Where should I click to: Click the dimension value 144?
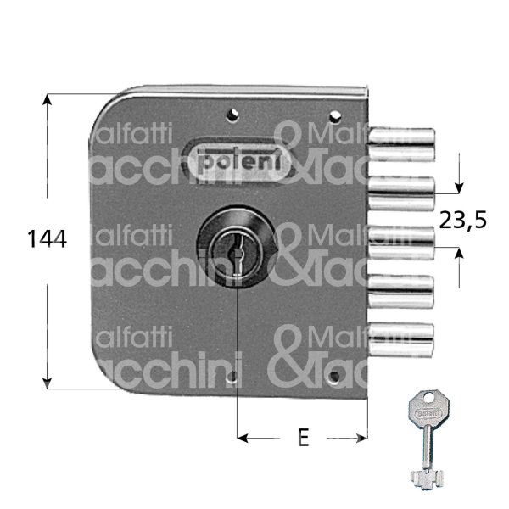point(46,240)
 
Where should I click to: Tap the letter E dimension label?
point(302,439)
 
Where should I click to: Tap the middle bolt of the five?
point(404,238)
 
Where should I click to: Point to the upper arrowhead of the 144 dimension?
point(48,98)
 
